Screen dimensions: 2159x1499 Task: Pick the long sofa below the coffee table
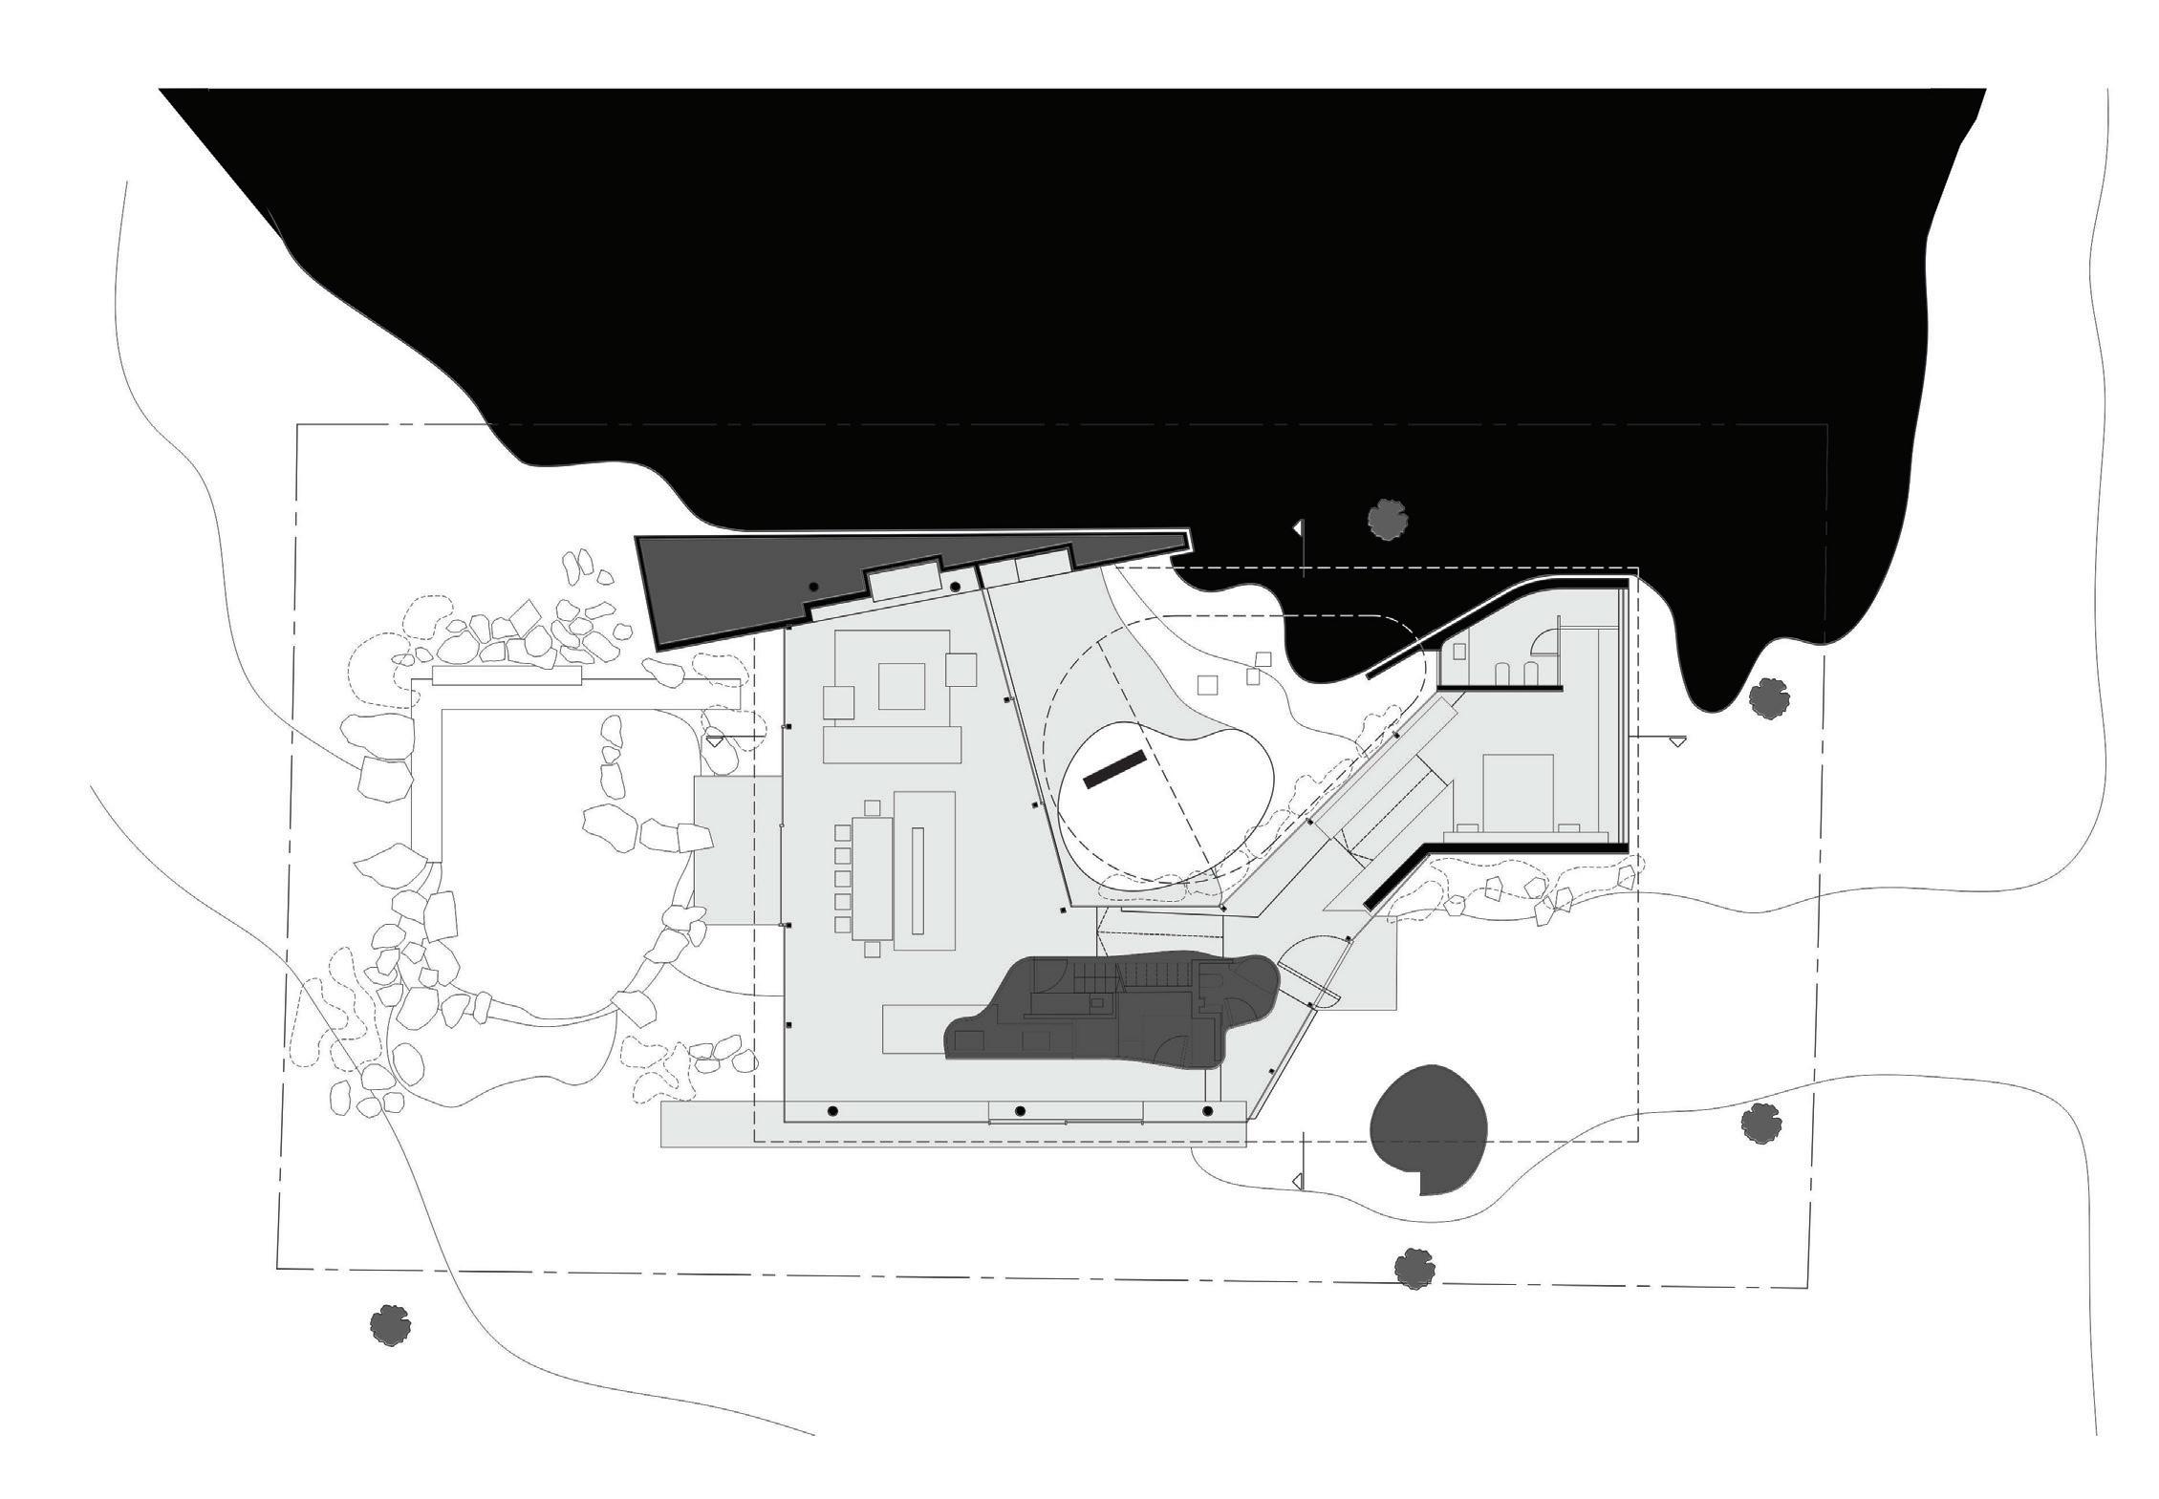click(x=891, y=745)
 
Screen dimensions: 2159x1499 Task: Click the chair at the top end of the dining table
click(x=871, y=806)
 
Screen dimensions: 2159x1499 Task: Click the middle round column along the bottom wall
click(x=1020, y=1111)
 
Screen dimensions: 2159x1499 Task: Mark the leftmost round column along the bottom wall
click(x=832, y=1111)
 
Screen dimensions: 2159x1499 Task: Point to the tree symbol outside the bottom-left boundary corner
click(x=390, y=1324)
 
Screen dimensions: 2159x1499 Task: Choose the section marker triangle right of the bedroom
click(x=1677, y=739)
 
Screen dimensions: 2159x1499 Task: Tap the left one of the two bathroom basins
click(x=1504, y=673)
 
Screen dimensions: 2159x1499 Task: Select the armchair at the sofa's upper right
click(x=961, y=669)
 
